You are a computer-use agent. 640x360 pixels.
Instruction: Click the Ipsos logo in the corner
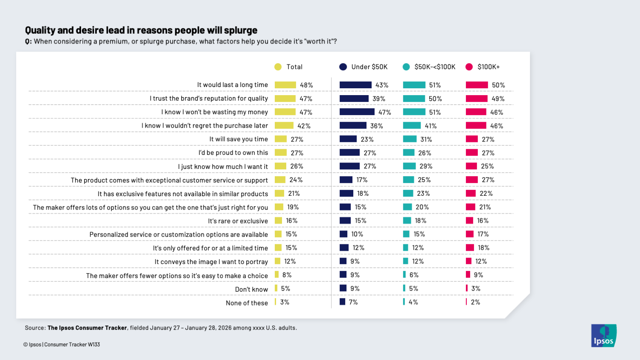point(604,336)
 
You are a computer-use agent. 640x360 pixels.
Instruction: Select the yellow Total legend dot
point(278,67)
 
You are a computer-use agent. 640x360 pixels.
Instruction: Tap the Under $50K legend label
point(369,67)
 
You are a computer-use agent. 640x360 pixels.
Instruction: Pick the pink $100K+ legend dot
point(469,67)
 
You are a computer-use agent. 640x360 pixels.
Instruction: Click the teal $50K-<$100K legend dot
point(406,67)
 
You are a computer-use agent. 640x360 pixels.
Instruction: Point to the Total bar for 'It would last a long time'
point(285,85)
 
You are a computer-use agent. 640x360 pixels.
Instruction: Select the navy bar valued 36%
point(353,125)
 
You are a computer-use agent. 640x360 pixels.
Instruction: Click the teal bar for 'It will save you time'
point(410,139)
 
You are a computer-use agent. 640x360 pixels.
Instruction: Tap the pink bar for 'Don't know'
point(467,288)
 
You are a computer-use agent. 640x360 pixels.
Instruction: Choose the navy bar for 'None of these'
point(342,302)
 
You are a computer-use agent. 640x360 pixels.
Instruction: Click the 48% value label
point(306,85)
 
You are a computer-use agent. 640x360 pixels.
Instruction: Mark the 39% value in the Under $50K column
point(378,99)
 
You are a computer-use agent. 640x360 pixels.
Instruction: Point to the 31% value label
point(426,139)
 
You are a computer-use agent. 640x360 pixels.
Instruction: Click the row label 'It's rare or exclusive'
point(238,221)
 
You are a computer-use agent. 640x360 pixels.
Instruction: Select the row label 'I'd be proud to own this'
point(233,153)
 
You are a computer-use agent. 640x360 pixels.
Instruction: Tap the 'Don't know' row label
point(251,289)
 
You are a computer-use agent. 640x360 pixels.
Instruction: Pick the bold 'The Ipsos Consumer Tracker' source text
point(87,328)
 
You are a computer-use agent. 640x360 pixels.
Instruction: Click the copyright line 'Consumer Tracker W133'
point(72,345)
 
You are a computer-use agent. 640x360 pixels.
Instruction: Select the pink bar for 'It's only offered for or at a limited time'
point(470,247)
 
